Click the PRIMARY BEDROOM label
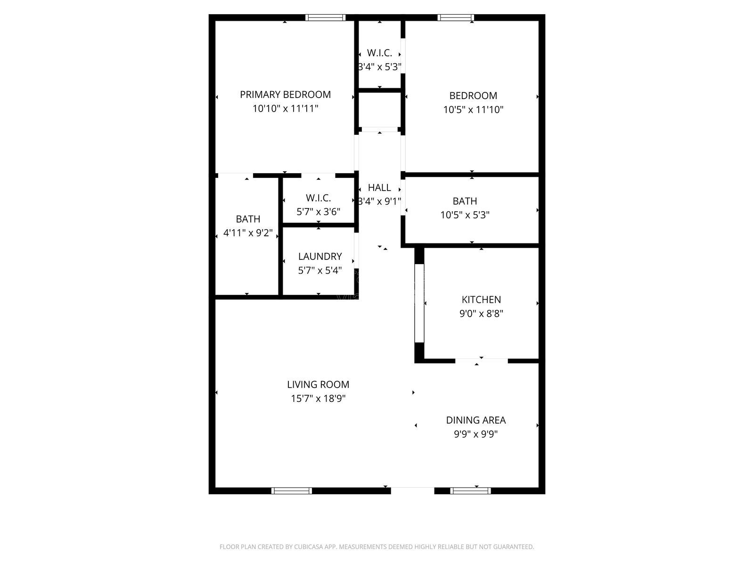pyautogui.click(x=285, y=94)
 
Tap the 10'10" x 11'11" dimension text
pyautogui.click(x=285, y=108)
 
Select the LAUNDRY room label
pyautogui.click(x=320, y=256)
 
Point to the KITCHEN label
pyautogui.click(x=481, y=299)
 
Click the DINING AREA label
pyautogui.click(x=475, y=420)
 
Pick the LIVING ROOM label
pyautogui.click(x=318, y=384)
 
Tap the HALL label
pyautogui.click(x=379, y=187)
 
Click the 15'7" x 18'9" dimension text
pyautogui.click(x=318, y=399)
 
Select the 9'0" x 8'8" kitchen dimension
pyautogui.click(x=481, y=313)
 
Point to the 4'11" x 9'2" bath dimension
pyautogui.click(x=248, y=233)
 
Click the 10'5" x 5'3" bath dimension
pyautogui.click(x=465, y=215)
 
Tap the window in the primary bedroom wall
pyautogui.click(x=325, y=18)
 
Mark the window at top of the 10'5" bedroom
pyautogui.click(x=455, y=18)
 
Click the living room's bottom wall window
pyautogui.click(x=292, y=491)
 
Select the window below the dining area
pyautogui.click(x=470, y=491)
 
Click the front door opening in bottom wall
pyautogui.click(x=412, y=491)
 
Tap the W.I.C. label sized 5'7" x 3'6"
pyautogui.click(x=318, y=198)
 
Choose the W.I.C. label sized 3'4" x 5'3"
pyautogui.click(x=379, y=53)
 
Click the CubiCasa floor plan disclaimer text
pyautogui.click(x=377, y=547)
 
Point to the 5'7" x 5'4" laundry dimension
pyautogui.click(x=320, y=270)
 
